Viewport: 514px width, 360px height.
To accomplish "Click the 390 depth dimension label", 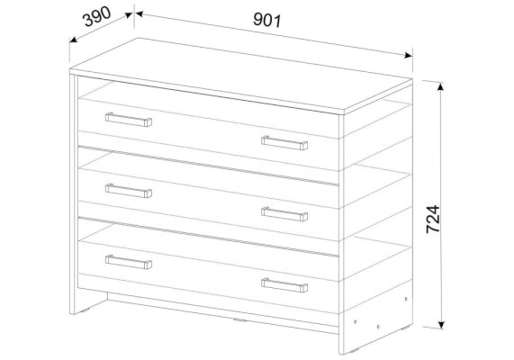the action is tap(97, 16).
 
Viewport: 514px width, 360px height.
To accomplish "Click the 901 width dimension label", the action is tap(267, 20).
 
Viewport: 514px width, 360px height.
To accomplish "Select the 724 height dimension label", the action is tap(433, 219).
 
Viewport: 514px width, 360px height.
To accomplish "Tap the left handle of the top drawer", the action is tap(129, 120).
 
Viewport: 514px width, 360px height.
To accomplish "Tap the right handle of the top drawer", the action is tap(284, 143).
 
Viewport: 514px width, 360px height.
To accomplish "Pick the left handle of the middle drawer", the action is tap(129, 191).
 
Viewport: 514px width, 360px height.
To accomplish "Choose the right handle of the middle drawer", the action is tap(284, 214).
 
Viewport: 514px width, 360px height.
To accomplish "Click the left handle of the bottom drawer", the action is tap(129, 262).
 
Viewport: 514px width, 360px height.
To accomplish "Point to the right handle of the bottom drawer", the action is tap(284, 285).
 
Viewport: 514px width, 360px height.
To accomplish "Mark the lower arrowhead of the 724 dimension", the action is tap(441, 325).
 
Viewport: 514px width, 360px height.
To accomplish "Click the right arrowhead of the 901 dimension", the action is tap(409, 55).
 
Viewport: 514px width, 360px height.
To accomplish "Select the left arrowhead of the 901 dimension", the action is tap(140, 13).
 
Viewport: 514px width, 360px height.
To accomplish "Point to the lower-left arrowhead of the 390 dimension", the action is tap(74, 40).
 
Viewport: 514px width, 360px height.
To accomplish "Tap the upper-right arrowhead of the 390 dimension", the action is tap(128, 15).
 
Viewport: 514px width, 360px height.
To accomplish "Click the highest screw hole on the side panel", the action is tap(406, 299).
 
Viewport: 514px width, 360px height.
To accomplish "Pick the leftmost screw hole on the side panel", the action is tap(356, 322).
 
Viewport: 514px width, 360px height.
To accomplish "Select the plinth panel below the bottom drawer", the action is tap(223, 313).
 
